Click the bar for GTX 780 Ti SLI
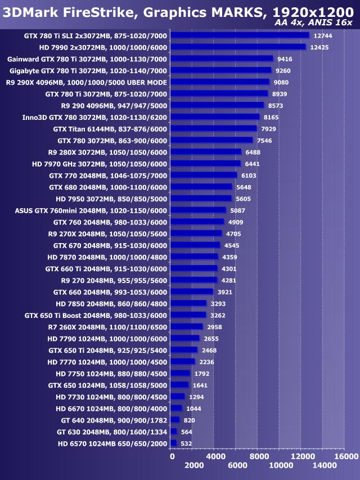tap(239, 35)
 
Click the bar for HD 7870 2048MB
tap(193, 257)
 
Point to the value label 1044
tap(193, 409)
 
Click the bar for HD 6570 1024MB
tap(173, 443)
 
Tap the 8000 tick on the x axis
tap(258, 456)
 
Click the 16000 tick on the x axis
tap(345, 456)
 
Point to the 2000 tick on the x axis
tap(193, 465)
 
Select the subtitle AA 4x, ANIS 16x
tap(313, 23)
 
